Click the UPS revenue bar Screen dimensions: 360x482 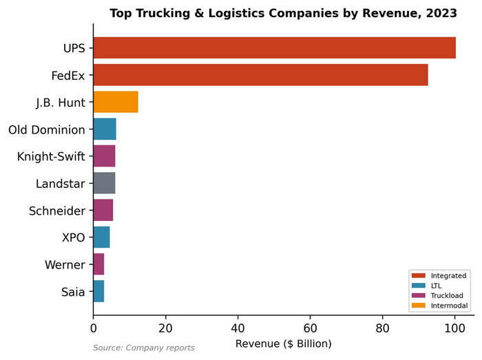(274, 48)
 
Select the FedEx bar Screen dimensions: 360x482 (260, 75)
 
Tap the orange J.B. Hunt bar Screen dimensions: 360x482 (116, 102)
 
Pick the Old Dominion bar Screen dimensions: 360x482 (105, 129)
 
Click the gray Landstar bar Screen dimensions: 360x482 (104, 183)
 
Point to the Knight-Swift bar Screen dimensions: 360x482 (104, 156)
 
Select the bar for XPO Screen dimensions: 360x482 (101, 237)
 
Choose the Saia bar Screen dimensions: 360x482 (98, 292)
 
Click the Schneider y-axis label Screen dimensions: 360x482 (57, 211)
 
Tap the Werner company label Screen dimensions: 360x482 (65, 265)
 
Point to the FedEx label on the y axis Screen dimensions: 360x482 (68, 75)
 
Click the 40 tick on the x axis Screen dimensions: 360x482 (238, 328)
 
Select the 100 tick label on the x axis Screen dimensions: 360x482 (454, 328)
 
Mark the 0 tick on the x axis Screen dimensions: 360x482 (94, 328)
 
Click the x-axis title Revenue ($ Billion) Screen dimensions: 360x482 (284, 343)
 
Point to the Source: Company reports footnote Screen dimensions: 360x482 (144, 348)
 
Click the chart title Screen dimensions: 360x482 (283, 13)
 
